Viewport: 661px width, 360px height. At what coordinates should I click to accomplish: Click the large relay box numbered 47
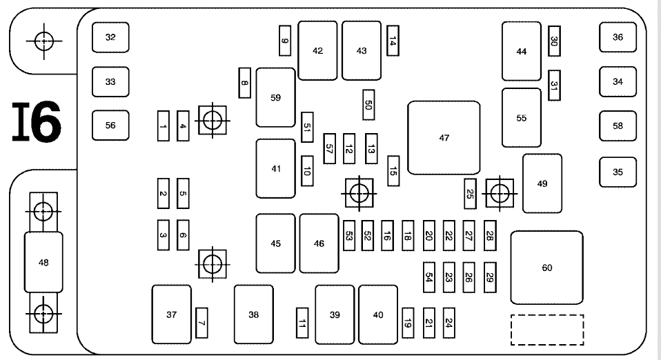[444, 137]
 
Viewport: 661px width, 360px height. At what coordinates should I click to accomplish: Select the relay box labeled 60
[546, 268]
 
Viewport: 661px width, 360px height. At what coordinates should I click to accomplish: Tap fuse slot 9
[285, 41]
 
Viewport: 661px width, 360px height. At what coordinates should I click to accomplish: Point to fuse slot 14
[393, 41]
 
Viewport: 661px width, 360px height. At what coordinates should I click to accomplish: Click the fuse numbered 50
[368, 105]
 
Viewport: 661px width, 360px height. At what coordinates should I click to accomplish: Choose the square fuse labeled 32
[110, 37]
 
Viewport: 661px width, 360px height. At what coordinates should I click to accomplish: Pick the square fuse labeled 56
[110, 126]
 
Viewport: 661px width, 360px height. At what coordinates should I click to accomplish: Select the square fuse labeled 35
[618, 172]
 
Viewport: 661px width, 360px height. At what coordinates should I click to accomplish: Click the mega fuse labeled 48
[43, 262]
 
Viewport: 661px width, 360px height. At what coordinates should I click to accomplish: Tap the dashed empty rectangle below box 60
[547, 330]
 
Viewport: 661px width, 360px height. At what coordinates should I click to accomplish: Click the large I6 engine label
[37, 122]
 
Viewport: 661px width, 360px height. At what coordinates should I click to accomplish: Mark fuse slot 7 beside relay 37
[201, 323]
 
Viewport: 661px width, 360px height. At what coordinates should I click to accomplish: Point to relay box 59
[276, 97]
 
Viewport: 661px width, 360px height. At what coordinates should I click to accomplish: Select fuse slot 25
[470, 194]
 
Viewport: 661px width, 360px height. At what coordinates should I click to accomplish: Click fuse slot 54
[428, 277]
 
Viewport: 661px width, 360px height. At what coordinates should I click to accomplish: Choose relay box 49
[542, 183]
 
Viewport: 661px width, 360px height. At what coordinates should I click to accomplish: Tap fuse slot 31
[554, 85]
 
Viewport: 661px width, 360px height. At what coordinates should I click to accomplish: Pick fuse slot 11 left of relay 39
[302, 323]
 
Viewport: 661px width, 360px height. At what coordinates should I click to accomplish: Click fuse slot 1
[163, 126]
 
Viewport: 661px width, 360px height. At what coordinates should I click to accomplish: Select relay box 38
[253, 314]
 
